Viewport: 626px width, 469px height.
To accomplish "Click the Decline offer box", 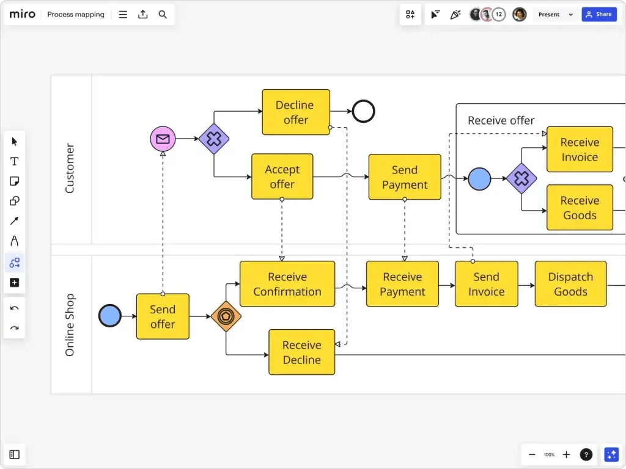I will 296,112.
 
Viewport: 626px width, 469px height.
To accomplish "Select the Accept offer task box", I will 282,176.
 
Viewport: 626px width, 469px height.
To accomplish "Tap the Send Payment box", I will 404,177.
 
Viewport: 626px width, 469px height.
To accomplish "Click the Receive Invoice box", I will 580,150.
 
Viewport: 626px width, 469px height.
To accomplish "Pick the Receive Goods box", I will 580,208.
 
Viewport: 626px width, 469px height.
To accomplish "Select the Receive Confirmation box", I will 287,284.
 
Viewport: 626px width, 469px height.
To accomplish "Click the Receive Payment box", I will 402,284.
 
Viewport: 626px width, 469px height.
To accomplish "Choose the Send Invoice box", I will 486,284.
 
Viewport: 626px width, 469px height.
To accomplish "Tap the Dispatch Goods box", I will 570,284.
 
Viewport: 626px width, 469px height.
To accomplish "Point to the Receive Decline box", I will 301,352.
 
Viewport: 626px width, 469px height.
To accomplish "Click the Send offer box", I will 163,316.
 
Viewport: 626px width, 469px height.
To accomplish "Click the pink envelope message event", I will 163,139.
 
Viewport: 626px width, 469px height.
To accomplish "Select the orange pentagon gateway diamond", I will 226,316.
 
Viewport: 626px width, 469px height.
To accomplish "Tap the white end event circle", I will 363,112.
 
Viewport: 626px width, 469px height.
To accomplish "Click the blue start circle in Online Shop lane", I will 110,316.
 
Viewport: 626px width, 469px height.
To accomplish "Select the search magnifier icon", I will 163,15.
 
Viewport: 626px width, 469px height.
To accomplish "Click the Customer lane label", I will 70,169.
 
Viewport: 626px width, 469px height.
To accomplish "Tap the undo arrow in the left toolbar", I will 15,308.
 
